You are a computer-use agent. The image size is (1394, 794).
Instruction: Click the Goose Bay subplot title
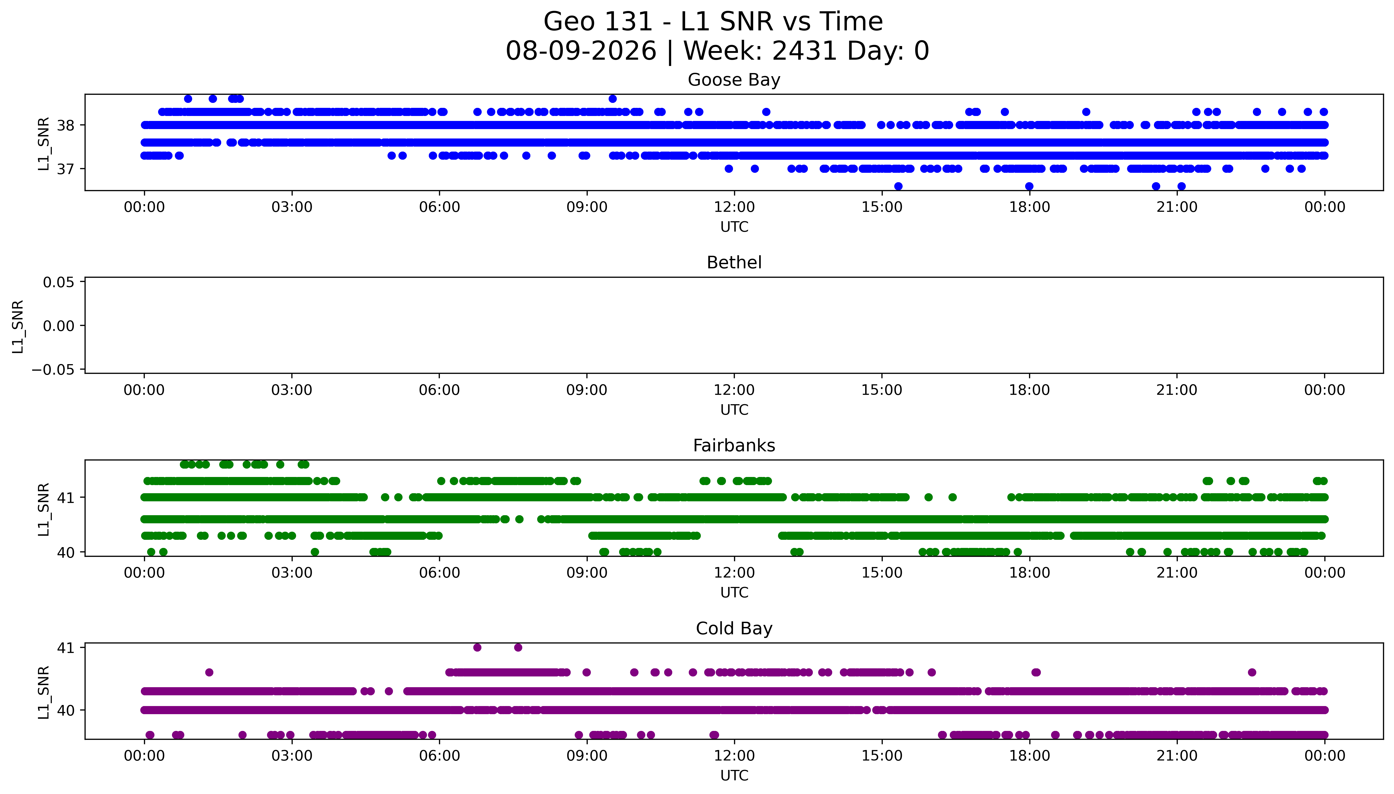pos(734,80)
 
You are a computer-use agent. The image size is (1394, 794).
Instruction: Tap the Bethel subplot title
pos(734,263)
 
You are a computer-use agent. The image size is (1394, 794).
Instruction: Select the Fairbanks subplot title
pos(734,446)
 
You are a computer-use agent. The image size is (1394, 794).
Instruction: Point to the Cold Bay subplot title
pos(734,629)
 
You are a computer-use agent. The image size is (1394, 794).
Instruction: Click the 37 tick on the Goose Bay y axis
pos(65,169)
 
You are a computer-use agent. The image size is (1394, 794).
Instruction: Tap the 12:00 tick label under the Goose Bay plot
pos(734,207)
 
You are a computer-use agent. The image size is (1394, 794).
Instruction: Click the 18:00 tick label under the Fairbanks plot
pos(1029,573)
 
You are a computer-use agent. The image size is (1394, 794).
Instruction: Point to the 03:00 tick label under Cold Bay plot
pos(292,756)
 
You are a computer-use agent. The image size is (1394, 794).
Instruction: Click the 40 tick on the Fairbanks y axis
pos(65,552)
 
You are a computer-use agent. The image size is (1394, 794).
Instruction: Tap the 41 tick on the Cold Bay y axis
pos(65,648)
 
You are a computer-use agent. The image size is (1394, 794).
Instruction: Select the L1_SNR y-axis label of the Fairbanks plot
pos(44,509)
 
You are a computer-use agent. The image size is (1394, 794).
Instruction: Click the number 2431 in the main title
pos(805,51)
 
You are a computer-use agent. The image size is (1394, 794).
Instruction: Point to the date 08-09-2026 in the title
pos(581,51)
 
